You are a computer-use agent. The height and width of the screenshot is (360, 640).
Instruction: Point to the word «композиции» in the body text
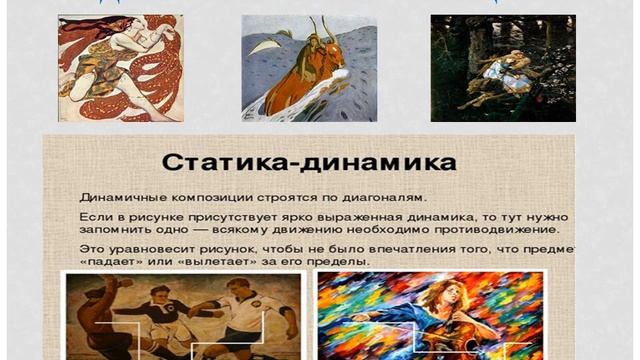tap(202, 196)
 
